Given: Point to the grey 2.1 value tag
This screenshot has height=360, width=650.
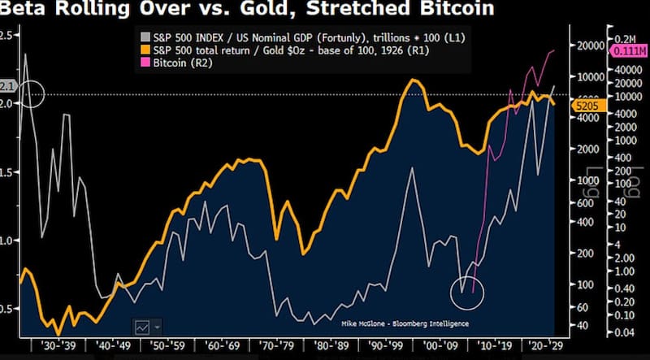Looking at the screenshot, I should pyautogui.click(x=7, y=85).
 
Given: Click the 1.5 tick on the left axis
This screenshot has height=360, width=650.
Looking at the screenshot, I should pyautogui.click(x=9, y=172).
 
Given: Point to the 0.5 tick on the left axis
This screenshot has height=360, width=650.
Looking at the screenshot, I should pyautogui.click(x=9, y=310).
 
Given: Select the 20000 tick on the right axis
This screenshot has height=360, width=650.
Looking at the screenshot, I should pyautogui.click(x=588, y=46).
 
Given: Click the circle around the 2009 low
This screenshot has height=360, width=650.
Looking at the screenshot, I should pyautogui.click(x=466, y=291).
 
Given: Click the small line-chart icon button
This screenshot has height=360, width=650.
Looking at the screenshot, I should pyautogui.click(x=142, y=326).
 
